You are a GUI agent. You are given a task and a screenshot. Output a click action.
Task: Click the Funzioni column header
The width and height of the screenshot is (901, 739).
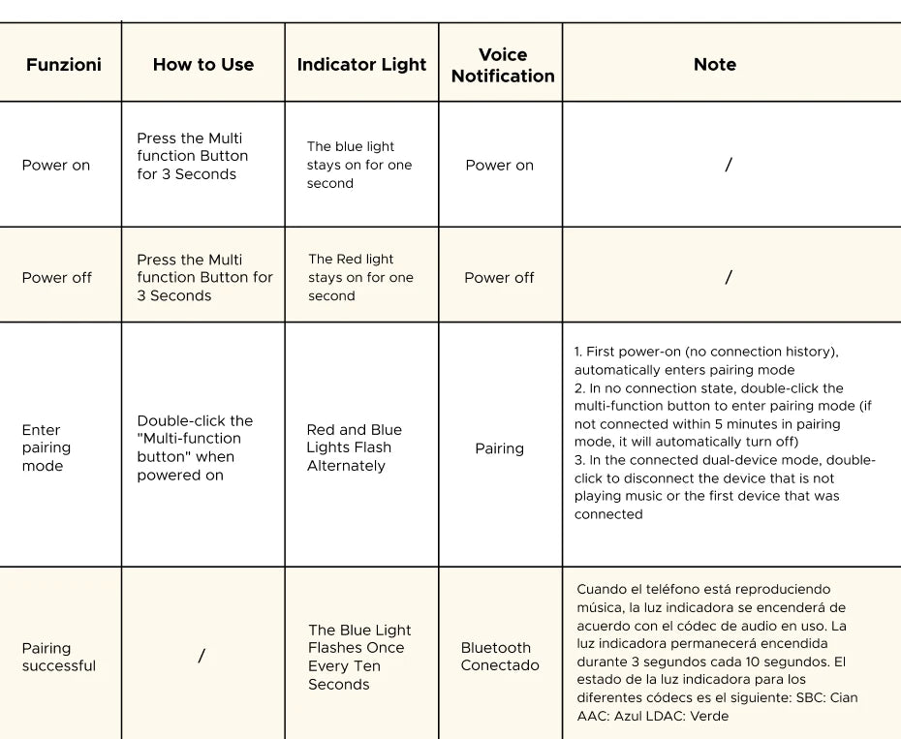[x=63, y=65]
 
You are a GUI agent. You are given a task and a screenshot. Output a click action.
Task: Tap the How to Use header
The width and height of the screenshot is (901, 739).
[x=203, y=65]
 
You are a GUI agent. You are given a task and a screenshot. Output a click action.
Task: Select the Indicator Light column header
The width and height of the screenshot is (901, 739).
[x=361, y=65]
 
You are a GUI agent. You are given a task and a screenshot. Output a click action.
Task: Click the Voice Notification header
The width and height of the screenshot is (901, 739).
[x=503, y=65]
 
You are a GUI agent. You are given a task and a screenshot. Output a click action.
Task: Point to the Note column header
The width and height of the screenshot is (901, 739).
[x=715, y=65]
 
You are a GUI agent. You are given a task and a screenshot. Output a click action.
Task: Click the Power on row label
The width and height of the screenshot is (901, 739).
[x=56, y=165]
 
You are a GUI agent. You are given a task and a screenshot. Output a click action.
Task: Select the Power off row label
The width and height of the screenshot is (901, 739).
[x=57, y=277]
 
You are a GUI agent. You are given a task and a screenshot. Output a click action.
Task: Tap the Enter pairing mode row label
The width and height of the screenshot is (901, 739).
[x=47, y=447]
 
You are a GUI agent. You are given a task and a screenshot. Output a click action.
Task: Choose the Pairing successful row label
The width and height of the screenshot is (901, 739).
[x=58, y=657]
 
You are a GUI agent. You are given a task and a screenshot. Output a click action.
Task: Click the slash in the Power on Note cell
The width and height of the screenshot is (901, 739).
[x=729, y=165]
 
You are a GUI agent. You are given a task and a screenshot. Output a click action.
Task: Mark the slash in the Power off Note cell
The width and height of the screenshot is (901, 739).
[x=729, y=277]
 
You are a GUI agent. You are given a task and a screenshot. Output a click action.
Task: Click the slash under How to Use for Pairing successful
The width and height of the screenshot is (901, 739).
[x=202, y=657]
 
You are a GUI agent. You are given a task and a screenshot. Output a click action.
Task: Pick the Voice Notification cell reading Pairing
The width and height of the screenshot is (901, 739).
[x=499, y=448]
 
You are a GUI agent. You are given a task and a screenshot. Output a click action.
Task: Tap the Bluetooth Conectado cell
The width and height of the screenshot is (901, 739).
[x=500, y=657]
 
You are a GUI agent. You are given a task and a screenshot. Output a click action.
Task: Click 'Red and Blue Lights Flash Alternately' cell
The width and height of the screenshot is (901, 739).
[x=354, y=447]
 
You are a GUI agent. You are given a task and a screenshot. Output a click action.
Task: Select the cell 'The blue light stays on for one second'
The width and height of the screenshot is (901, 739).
[x=358, y=165]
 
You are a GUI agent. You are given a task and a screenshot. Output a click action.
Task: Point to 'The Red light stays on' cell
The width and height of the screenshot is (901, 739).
[x=360, y=277]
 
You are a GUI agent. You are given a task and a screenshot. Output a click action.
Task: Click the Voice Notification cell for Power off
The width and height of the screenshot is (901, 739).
[x=499, y=277]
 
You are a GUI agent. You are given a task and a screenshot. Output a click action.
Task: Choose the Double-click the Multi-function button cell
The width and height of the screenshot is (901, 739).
[x=194, y=447]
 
